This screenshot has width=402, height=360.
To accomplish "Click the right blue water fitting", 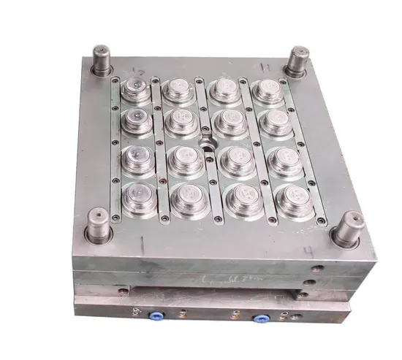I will click(259, 320).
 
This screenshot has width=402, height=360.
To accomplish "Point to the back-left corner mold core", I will click(135, 90).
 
